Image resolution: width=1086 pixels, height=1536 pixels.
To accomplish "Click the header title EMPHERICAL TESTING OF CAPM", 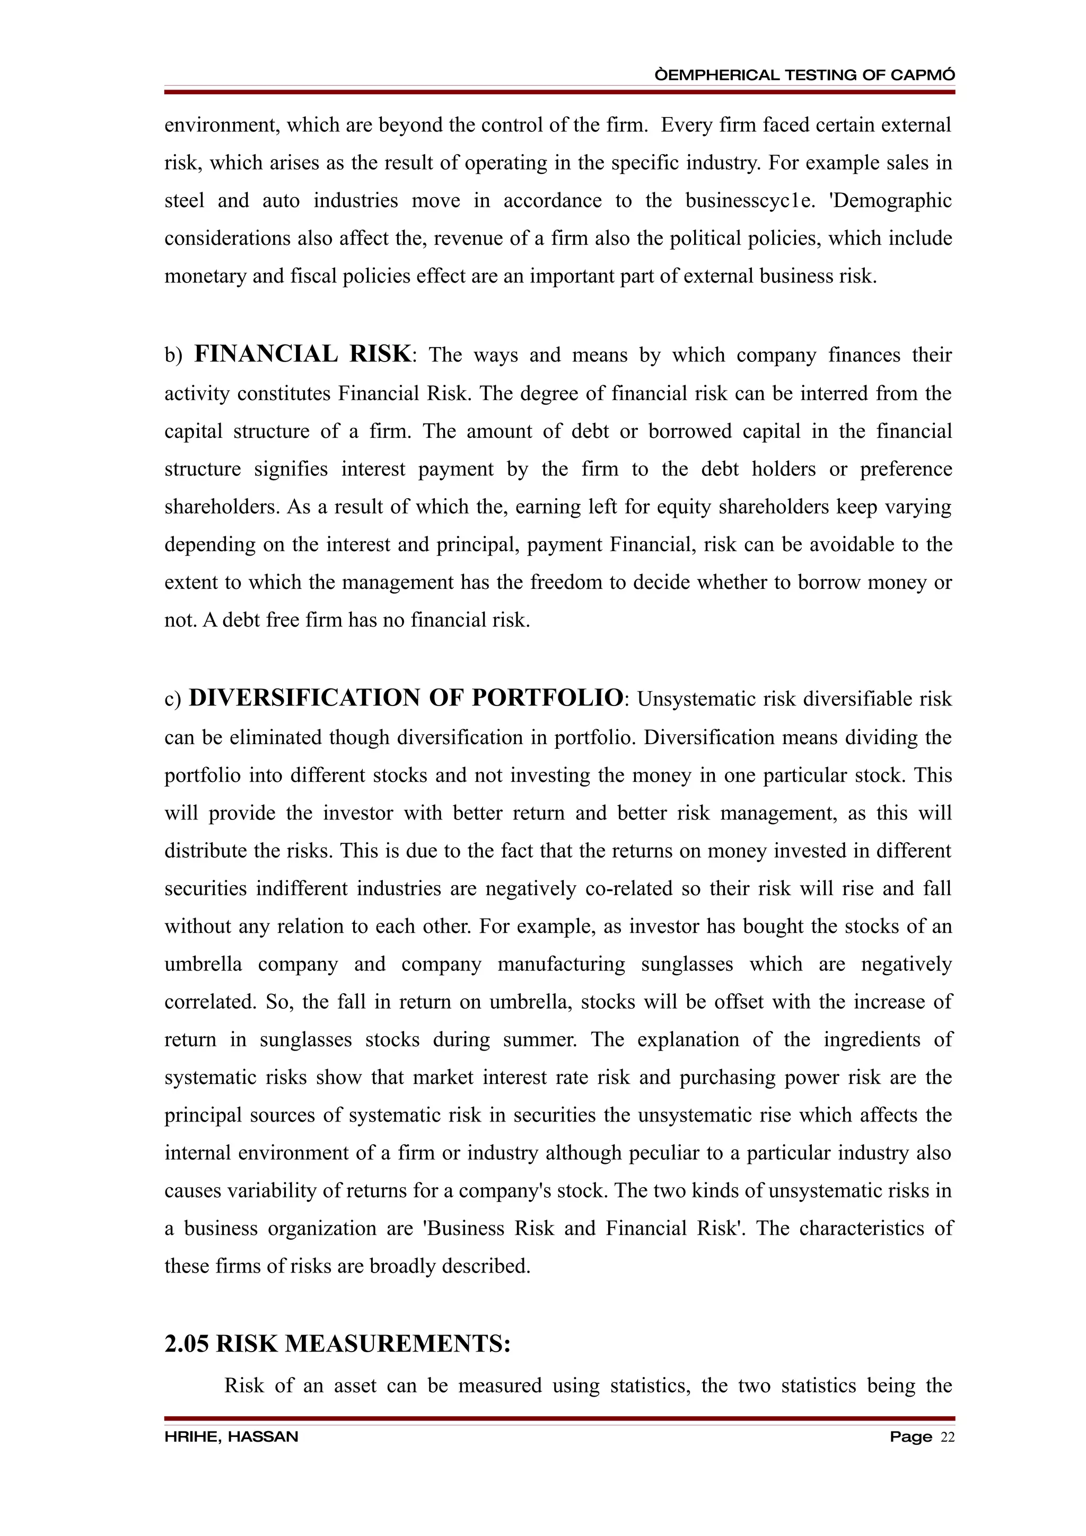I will pyautogui.click(x=804, y=75).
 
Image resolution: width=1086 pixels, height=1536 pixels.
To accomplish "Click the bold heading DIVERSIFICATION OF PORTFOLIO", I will pyautogui.click(x=406, y=698).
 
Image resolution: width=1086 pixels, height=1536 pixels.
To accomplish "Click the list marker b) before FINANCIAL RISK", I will pyautogui.click(x=173, y=356).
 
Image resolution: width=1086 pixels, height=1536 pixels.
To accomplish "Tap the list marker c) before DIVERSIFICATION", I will pyautogui.click(x=173, y=700).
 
